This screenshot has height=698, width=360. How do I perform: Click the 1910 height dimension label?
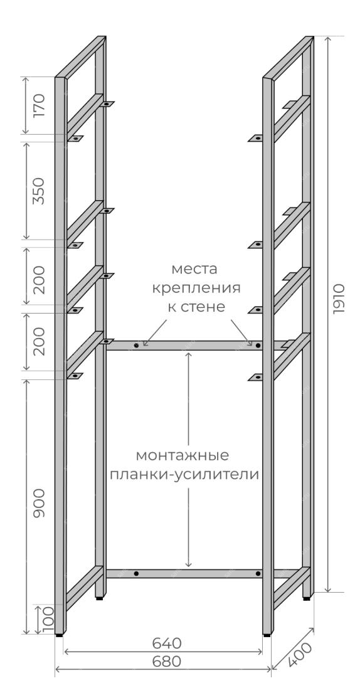coord(339,299)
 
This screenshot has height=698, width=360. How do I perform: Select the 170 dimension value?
coord(39,105)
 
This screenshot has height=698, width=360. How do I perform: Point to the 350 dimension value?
coord(39,191)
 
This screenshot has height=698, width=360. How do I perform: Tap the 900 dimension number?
coord(39,502)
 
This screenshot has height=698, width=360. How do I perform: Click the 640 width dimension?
coord(167,643)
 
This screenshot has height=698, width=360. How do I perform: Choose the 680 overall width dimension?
coord(167,662)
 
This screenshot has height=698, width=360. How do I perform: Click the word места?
coord(194,269)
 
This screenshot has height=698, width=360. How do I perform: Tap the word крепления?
coord(196,288)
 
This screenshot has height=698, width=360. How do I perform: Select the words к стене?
coord(196,307)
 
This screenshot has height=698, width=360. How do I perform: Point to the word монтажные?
coord(183,455)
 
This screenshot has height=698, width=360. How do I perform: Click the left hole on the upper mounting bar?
coord(137,345)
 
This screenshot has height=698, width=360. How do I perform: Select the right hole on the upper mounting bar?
coord(258,345)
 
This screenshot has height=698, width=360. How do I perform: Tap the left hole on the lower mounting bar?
coord(136,573)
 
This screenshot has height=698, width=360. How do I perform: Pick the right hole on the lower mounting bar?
coord(258,574)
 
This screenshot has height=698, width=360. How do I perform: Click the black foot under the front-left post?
coord(60,636)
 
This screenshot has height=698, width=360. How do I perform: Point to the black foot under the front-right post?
coord(267,636)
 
